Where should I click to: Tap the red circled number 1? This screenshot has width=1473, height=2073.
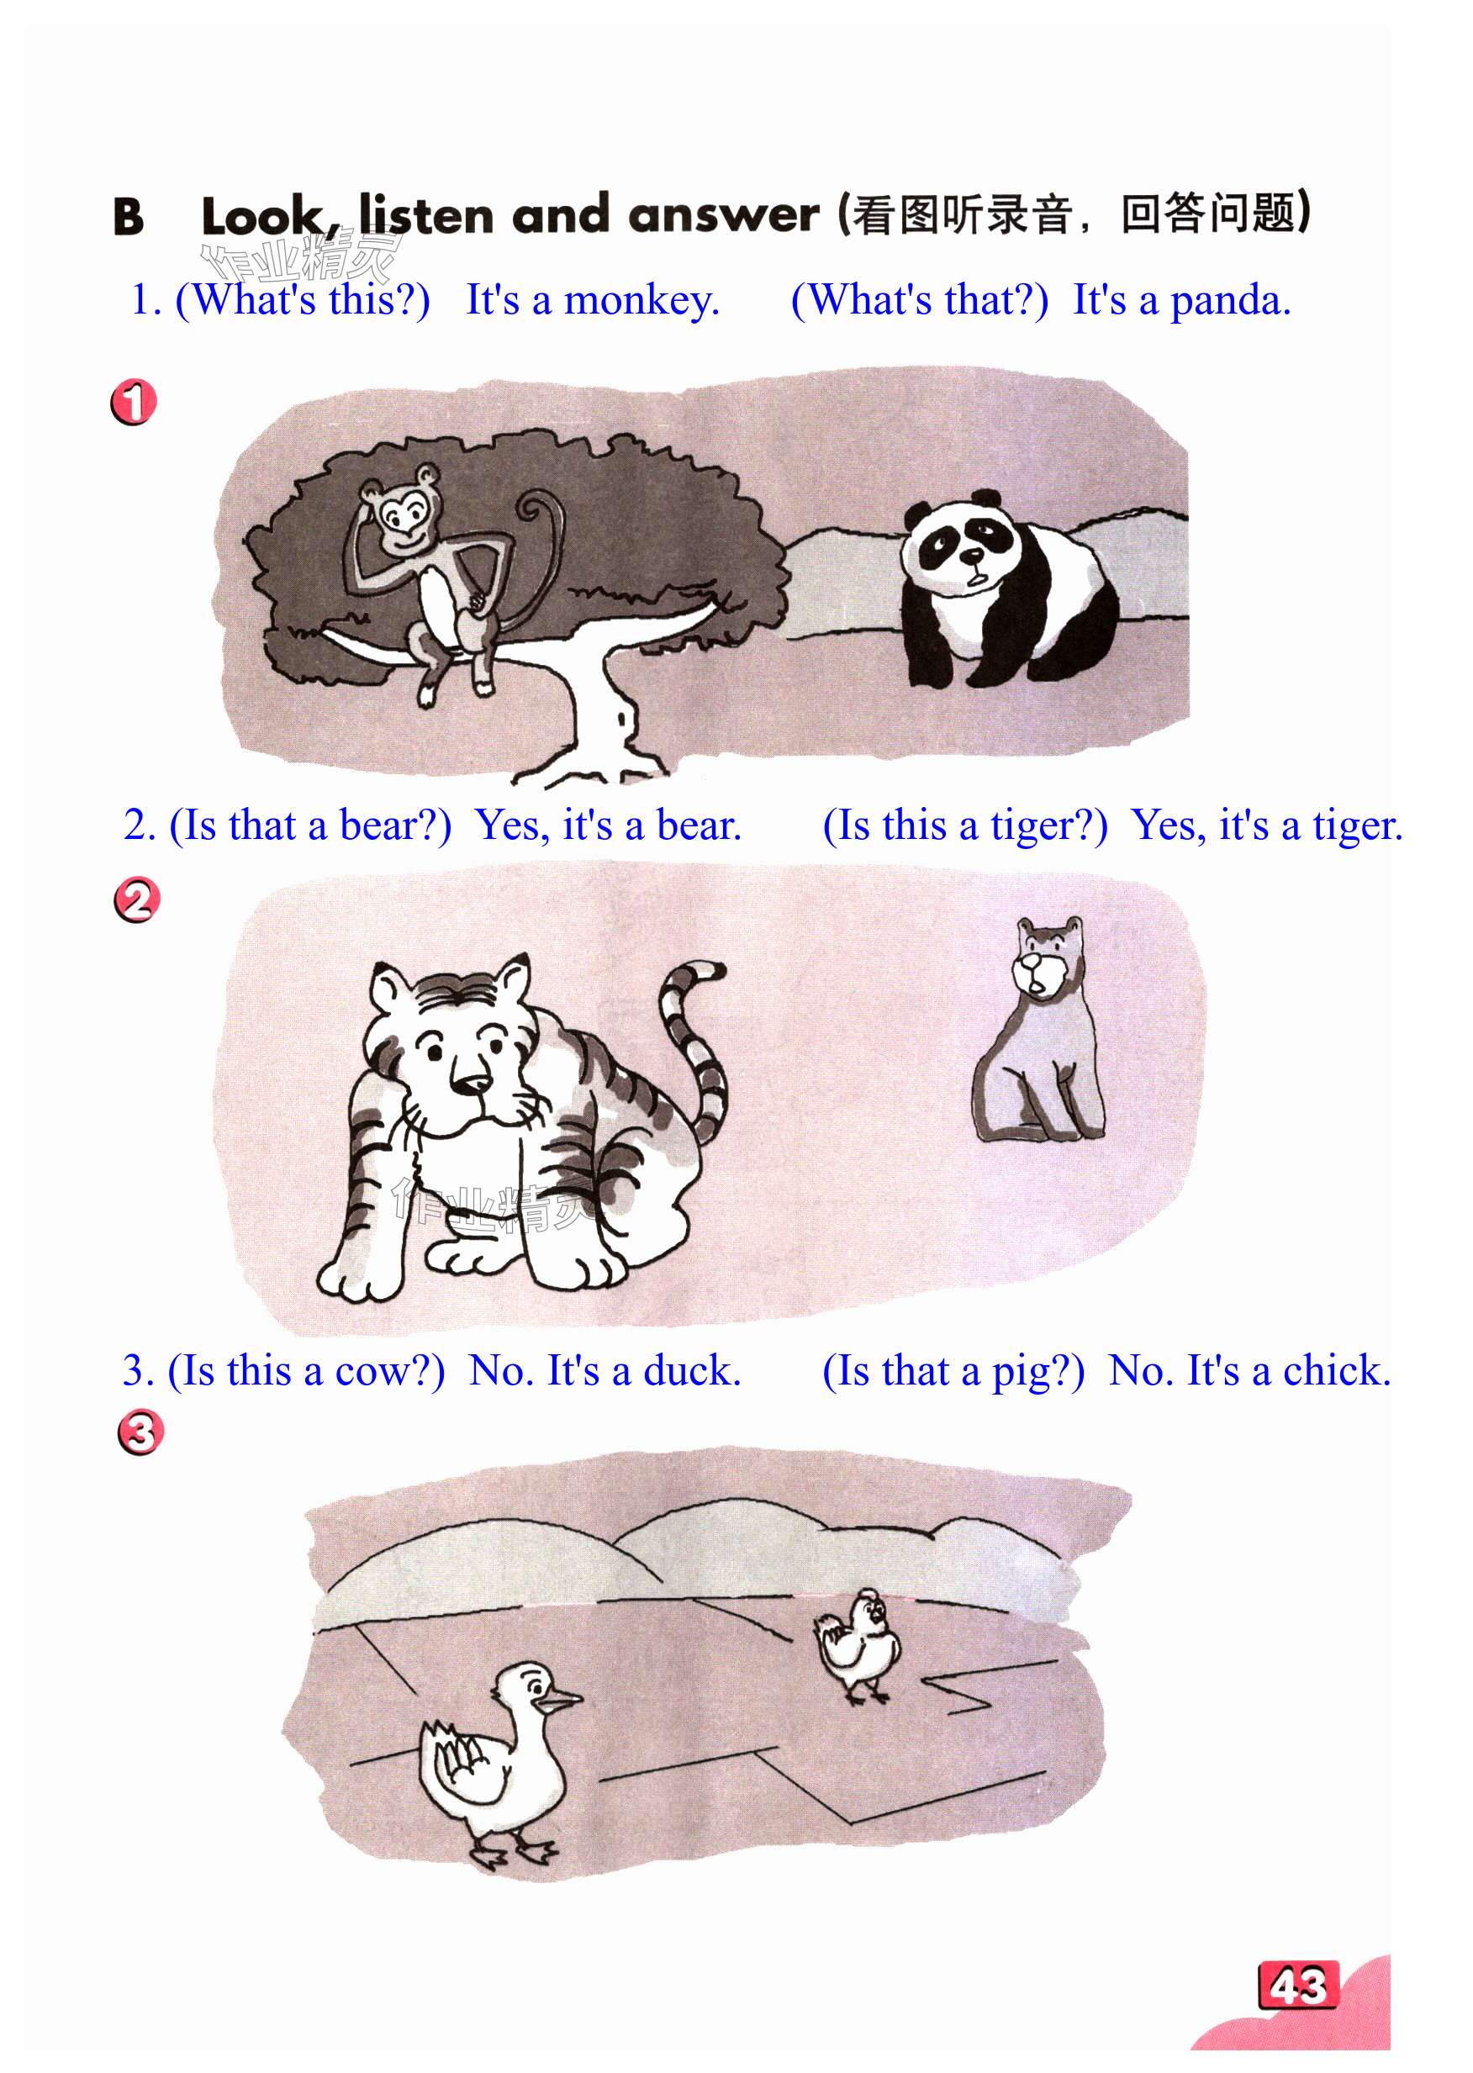[134, 402]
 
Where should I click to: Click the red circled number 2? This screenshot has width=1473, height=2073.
[137, 900]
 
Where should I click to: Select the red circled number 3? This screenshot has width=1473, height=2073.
[140, 1432]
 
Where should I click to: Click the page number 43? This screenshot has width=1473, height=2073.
[1297, 1986]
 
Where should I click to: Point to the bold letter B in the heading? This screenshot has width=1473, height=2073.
[128, 217]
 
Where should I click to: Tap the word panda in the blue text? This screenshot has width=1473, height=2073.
[1230, 301]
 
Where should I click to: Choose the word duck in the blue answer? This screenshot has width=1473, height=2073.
[692, 1371]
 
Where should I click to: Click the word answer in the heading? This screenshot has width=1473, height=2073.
[724, 216]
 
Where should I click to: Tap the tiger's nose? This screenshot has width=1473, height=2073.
[471, 1081]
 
